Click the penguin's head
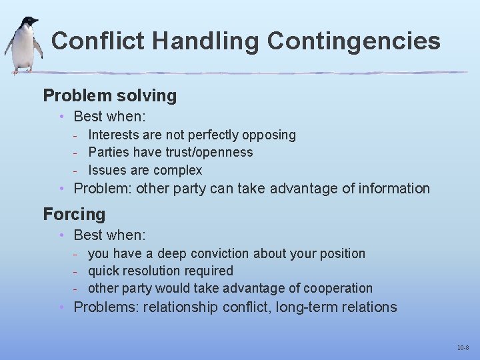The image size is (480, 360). click(x=29, y=23)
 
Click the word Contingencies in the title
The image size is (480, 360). click(x=353, y=41)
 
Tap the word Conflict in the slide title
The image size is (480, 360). click(x=97, y=41)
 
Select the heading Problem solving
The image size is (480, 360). click(x=109, y=95)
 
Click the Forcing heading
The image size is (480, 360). click(x=74, y=214)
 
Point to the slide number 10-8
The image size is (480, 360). click(x=463, y=348)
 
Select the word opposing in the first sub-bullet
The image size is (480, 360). click(x=269, y=135)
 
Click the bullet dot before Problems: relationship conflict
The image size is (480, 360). click(x=61, y=307)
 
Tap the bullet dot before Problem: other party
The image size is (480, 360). click(x=61, y=188)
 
